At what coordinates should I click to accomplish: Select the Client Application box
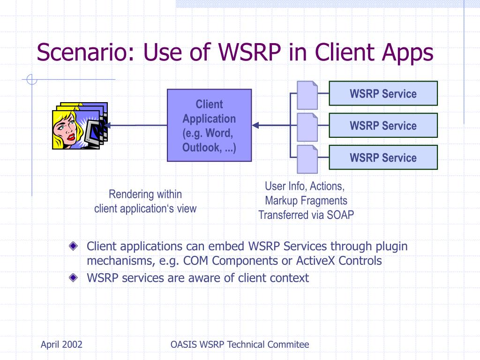(209, 125)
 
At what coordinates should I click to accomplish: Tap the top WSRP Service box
(383, 93)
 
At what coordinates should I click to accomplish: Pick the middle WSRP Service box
(383, 125)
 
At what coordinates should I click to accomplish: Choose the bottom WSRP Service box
(383, 157)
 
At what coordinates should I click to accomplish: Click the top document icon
(307, 95)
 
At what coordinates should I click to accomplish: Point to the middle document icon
(307, 127)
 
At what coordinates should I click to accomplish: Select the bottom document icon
(307, 158)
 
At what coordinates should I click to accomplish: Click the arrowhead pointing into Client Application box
(255, 125)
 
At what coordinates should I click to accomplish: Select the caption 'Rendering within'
(145, 194)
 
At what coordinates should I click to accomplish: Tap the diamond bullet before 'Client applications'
(73, 246)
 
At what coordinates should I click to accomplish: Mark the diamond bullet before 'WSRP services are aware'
(73, 277)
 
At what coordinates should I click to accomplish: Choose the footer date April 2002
(61, 345)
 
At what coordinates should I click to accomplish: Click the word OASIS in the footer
(184, 345)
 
